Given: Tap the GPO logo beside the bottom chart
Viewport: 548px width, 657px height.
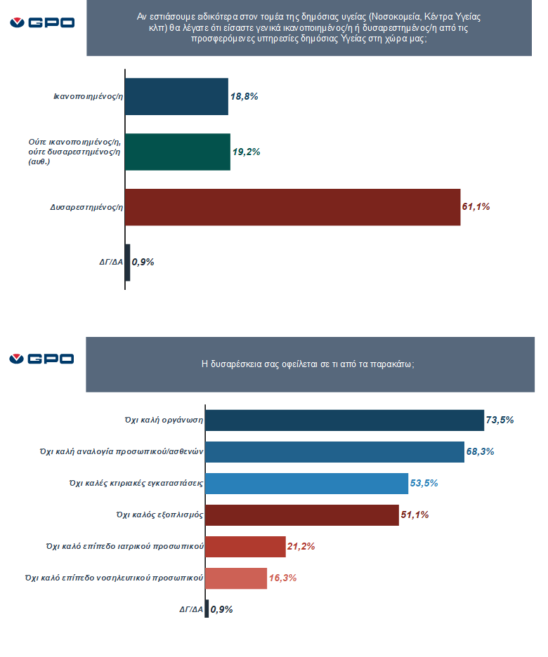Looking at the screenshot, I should coord(42,359).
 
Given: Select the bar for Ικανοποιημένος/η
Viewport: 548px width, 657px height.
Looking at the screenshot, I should coord(176,97).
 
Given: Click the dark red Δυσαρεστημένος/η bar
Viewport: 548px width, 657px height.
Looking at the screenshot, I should coord(292,207).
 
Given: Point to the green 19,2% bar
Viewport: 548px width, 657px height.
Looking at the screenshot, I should coord(178,152).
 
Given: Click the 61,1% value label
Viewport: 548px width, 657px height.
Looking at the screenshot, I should coord(476,207).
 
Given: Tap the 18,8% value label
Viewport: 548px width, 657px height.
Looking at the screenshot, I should coord(244,97).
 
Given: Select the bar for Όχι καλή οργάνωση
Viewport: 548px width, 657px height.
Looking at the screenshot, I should coord(344,420).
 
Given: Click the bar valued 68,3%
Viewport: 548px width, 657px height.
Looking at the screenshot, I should coord(334,451).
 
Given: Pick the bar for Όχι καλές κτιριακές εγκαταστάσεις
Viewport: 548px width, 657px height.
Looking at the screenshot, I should coord(306,483).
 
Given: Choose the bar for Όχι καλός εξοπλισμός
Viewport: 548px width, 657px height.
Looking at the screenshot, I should coord(302,515).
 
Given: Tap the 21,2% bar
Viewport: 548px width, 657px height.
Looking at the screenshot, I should coord(245,547).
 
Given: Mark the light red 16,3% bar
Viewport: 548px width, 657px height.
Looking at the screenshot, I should coord(236,578).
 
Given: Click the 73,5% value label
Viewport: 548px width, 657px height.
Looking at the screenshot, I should coord(500,420).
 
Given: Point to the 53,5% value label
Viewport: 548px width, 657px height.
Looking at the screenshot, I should coord(424,483).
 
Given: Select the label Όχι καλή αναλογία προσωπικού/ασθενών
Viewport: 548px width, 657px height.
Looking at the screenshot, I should coord(122,451).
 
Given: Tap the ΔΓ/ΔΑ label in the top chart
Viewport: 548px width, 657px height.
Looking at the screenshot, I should coord(110,263).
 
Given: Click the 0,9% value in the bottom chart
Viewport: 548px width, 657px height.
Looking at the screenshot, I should coord(222,609).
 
